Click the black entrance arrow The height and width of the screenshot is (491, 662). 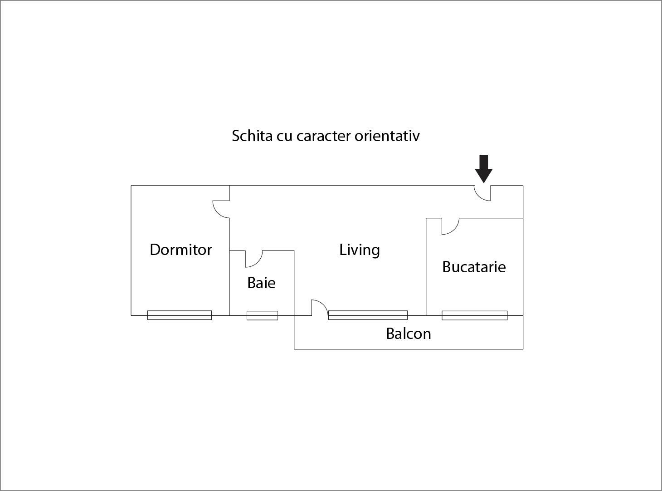(x=483, y=169)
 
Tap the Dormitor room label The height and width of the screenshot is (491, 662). (x=181, y=250)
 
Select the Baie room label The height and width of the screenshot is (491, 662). (x=261, y=283)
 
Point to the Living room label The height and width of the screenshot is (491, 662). (x=360, y=250)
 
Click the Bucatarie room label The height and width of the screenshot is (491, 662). (x=474, y=267)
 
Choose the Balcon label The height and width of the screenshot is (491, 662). (x=408, y=334)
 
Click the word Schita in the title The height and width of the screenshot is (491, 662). (x=252, y=136)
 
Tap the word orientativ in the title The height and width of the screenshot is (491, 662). (x=387, y=136)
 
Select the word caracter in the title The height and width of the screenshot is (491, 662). (x=323, y=137)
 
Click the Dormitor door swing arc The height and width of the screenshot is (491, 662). (x=221, y=209)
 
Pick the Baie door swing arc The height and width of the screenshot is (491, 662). (x=254, y=259)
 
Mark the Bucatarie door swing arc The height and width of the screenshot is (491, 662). (x=450, y=226)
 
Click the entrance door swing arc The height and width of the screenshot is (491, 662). (x=482, y=193)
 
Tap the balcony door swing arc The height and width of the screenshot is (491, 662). (x=319, y=308)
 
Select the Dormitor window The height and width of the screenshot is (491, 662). (x=180, y=315)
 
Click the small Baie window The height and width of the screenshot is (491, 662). (x=263, y=315)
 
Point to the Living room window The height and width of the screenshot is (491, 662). (x=368, y=315)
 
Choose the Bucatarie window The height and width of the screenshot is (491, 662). (x=475, y=315)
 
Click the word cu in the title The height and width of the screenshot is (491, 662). (x=284, y=137)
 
